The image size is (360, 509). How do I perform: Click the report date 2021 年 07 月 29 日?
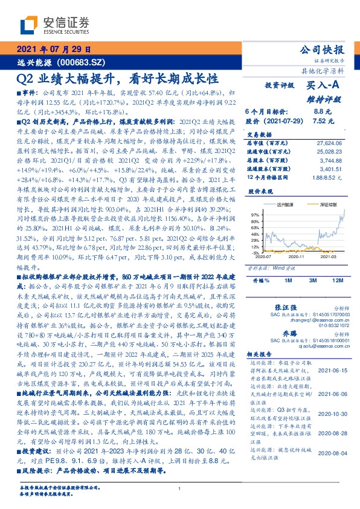pyautogui.click(x=53, y=50)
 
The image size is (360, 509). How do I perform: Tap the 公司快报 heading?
pyautogui.click(x=321, y=50)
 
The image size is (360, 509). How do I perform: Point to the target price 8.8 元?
pyautogui.click(x=323, y=112)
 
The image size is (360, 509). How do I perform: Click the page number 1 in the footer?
pyautogui.click(x=180, y=488)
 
